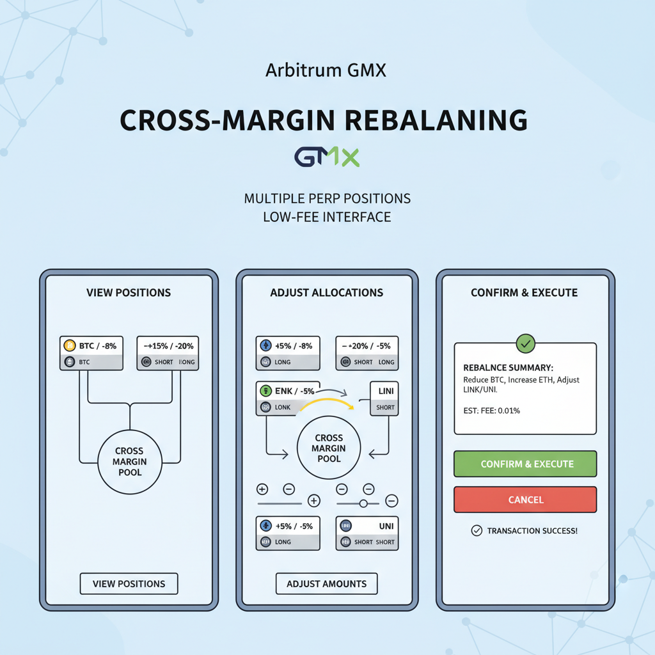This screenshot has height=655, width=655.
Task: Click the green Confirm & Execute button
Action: [525, 464]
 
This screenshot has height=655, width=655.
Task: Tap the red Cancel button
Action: [525, 500]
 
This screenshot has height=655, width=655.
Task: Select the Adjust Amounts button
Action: [327, 583]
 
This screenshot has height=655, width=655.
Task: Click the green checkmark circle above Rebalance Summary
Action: [525, 343]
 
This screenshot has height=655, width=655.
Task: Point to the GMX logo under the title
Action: [327, 157]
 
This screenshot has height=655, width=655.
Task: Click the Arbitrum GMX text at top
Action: [326, 70]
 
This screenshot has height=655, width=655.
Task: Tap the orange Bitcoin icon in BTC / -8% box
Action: [70, 346]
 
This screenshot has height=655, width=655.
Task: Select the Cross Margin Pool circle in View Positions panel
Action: [130, 461]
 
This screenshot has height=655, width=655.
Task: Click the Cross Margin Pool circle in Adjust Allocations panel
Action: [329, 448]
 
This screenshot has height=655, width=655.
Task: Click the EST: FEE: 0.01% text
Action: [491, 411]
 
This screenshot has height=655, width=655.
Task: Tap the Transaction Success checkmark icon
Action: [476, 530]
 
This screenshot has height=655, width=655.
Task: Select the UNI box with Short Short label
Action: [367, 533]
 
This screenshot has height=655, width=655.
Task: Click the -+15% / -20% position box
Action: [168, 352]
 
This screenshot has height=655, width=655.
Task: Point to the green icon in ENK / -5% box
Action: [265, 390]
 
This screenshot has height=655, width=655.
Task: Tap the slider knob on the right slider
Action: [363, 503]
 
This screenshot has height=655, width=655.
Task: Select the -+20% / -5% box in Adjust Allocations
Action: [367, 352]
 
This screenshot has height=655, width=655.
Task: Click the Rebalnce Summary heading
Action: [508, 368]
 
